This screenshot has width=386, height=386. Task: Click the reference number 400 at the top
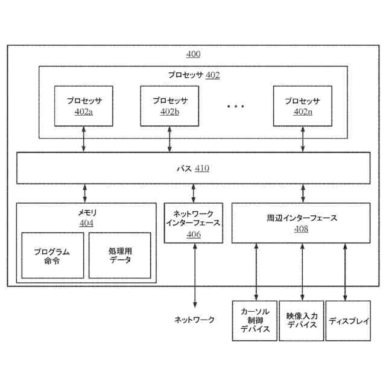point(193,54)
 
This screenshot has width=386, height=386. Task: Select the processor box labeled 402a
point(84,106)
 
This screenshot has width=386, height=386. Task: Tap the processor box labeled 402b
point(169,106)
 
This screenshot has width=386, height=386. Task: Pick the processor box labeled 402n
point(302,106)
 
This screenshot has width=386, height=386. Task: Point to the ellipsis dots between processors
point(236,106)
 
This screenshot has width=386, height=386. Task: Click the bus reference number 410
point(201,168)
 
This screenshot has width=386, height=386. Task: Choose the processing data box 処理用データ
point(120,255)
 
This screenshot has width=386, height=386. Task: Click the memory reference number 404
point(86,224)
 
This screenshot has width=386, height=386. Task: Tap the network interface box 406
point(193,223)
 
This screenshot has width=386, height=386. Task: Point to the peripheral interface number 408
point(302,229)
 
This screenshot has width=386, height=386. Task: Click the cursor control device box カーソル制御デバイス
point(255,320)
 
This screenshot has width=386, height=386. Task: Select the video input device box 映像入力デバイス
point(302,320)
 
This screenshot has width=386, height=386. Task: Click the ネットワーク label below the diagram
point(194,320)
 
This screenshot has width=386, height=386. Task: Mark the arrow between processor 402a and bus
point(84,139)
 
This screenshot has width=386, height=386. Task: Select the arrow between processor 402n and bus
point(302,139)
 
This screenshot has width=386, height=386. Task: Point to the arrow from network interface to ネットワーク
point(194,275)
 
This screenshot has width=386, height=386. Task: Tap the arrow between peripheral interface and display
point(345,271)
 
